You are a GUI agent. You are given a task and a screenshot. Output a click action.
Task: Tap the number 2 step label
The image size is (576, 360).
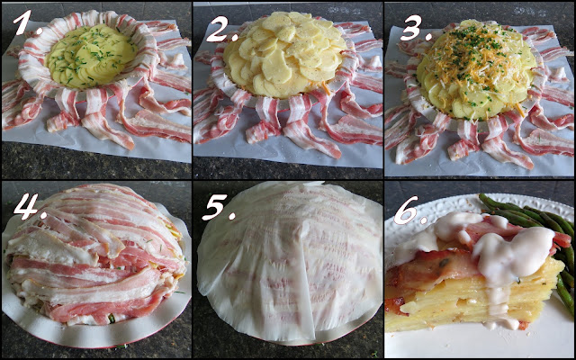click(221, 30)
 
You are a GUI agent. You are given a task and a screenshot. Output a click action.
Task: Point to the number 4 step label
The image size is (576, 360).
click(29, 206)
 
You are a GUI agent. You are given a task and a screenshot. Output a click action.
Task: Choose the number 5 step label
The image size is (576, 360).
click(220, 208)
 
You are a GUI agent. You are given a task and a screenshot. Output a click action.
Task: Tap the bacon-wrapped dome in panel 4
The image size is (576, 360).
click(96, 254)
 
